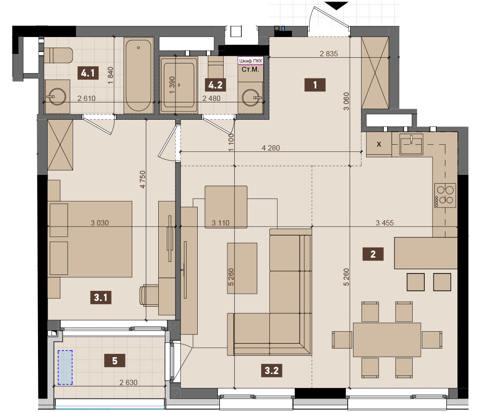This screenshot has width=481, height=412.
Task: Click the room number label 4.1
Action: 88,73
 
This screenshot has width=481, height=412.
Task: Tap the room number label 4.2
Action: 215,85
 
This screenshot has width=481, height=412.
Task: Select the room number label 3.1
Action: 101,297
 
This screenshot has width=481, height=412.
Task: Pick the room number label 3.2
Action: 271,370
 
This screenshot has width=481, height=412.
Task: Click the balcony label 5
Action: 115,361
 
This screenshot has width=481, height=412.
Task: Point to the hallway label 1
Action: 315,85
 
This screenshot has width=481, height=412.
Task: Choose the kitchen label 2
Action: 373,254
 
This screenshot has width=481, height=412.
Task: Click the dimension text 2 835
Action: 329,54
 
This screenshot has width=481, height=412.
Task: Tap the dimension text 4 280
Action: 270,148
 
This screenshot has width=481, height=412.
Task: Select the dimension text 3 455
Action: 385,223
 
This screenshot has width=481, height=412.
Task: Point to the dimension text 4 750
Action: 142,179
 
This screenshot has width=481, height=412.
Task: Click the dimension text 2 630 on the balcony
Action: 128,382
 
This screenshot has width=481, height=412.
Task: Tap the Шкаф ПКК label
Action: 251,61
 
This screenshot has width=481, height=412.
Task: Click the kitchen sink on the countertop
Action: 411,144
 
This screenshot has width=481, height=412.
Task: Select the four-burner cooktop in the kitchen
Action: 445,195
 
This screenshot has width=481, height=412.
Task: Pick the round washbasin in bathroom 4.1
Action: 57,97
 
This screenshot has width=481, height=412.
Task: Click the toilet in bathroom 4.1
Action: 58,55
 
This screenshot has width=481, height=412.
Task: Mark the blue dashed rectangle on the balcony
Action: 65,367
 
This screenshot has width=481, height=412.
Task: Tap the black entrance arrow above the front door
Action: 336,5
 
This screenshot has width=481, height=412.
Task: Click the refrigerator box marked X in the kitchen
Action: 379,144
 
